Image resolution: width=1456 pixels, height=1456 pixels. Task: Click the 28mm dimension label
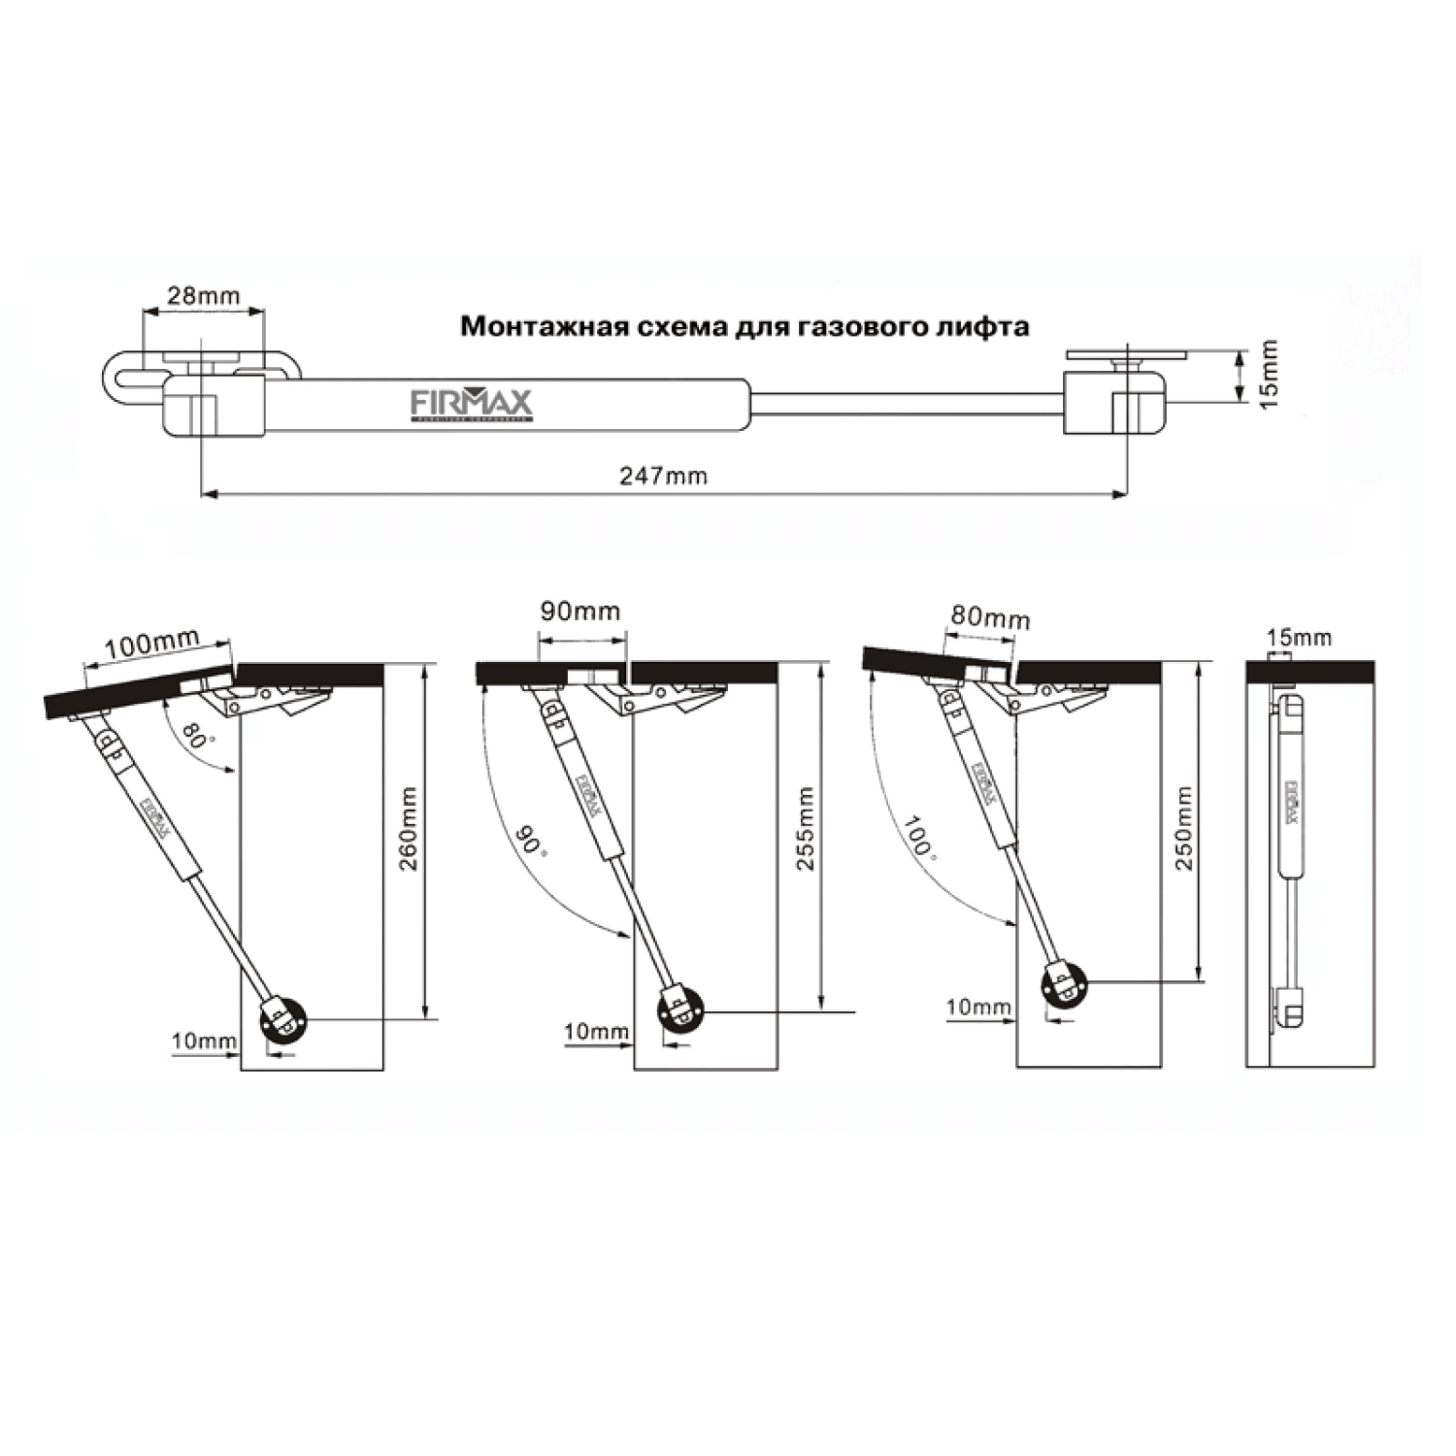click(x=203, y=296)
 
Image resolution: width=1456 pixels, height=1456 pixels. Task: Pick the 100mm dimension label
click(x=151, y=643)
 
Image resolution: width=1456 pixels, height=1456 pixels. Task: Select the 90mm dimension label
click(x=579, y=612)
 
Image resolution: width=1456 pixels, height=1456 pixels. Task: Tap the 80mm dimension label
click(x=990, y=617)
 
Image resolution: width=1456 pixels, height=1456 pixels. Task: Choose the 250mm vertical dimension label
click(x=1184, y=828)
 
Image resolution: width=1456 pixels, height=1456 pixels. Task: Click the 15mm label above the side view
click(x=1299, y=638)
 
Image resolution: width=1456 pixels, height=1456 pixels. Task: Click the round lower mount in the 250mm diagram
click(x=1065, y=986)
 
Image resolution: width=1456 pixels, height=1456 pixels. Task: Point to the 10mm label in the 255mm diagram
click(x=596, y=1031)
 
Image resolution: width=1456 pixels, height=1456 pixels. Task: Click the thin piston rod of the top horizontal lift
click(x=908, y=403)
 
